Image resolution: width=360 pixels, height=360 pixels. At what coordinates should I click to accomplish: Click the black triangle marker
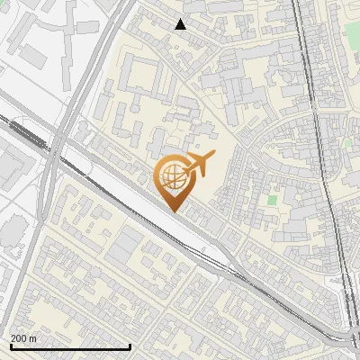click(181, 24)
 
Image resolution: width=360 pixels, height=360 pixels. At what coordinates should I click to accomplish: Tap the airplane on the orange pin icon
click(197, 165)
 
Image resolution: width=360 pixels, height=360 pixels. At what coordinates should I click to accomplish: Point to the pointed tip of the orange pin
click(173, 211)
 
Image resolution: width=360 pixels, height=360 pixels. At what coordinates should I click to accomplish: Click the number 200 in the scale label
click(19, 338)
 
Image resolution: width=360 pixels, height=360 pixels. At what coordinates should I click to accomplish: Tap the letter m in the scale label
click(33, 338)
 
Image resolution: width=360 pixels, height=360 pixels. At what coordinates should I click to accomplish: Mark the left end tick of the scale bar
click(10, 346)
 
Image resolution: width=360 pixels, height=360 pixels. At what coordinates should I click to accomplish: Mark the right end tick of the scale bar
click(130, 346)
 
